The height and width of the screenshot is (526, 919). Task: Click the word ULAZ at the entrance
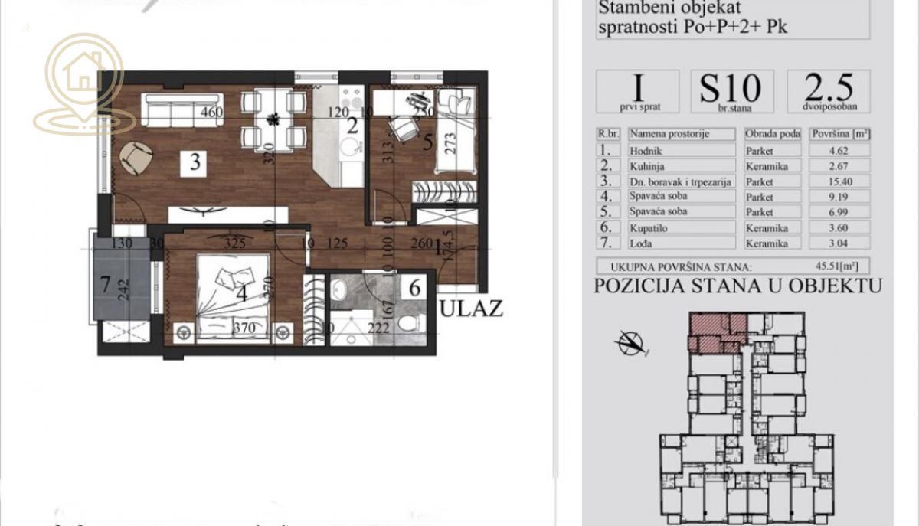pyautogui.click(x=473, y=308)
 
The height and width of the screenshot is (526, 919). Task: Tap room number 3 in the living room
pyautogui.click(x=195, y=162)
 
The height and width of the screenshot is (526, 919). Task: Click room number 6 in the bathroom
pyautogui.click(x=415, y=289)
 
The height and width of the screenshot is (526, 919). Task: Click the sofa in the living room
pyautogui.click(x=184, y=110)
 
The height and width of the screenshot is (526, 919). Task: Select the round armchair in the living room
pyautogui.click(x=136, y=159)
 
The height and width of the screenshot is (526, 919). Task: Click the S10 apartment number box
pyautogui.click(x=731, y=91)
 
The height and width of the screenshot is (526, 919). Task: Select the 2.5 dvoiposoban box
pyautogui.click(x=829, y=91)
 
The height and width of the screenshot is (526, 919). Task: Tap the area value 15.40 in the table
pyautogui.click(x=839, y=182)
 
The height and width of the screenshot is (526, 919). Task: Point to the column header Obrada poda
pyautogui.click(x=773, y=134)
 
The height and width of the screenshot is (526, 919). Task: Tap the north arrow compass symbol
pyautogui.click(x=633, y=342)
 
